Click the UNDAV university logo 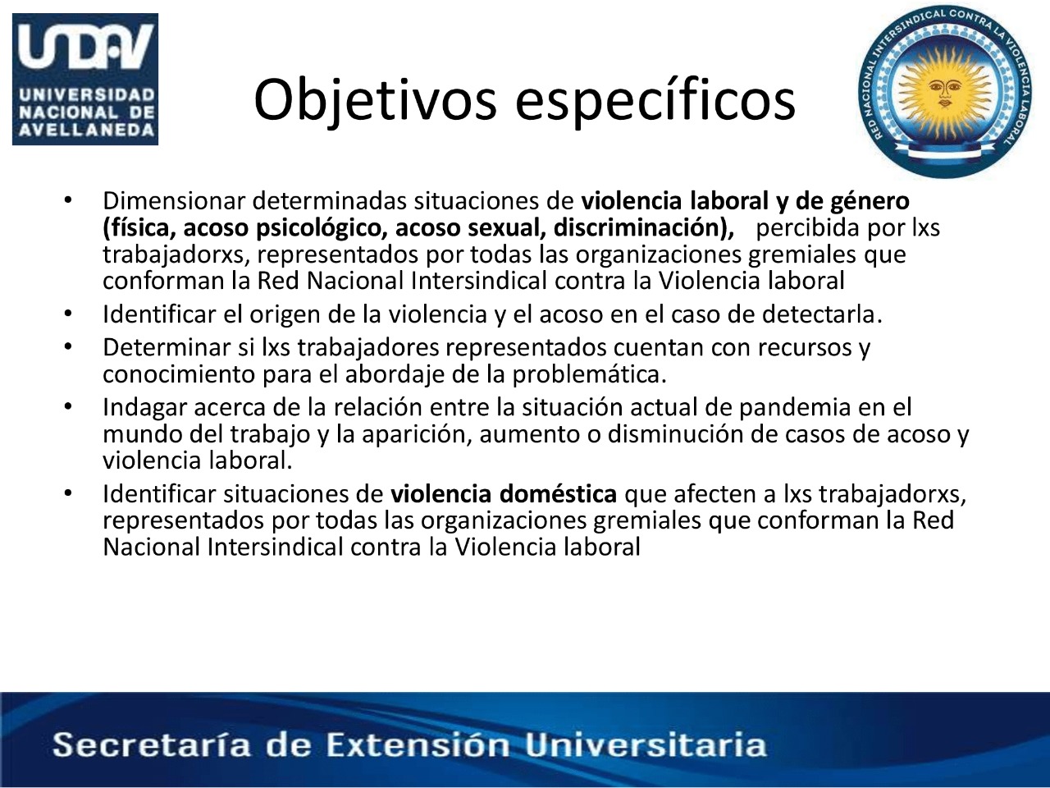85,79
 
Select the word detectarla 821,315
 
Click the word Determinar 167,347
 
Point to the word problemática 589,374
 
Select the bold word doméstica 558,494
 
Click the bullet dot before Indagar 68,406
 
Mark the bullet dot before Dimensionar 68,200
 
